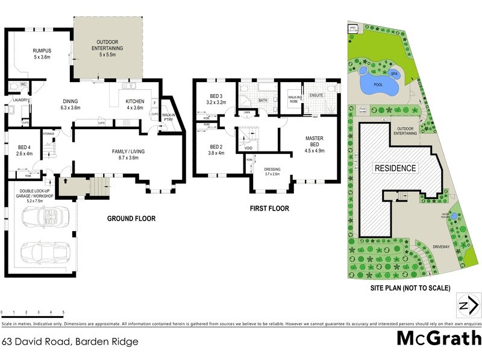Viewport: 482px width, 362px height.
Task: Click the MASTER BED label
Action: point(315,142)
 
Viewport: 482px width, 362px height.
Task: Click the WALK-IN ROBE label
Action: point(295,98)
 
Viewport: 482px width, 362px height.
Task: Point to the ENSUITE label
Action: point(317,94)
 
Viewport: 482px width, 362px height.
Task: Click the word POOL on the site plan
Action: point(378,85)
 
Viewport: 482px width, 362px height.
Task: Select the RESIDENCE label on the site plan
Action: point(395,168)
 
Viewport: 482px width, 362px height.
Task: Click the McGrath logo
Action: point(436,339)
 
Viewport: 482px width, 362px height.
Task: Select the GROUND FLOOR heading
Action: point(131,218)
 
